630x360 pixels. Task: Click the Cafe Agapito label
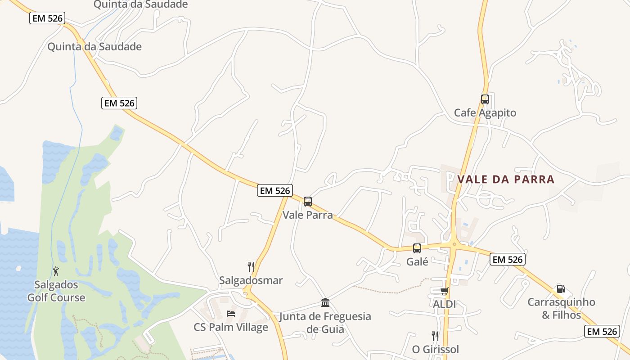click(x=485, y=112)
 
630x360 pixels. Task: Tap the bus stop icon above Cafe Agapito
click(x=485, y=99)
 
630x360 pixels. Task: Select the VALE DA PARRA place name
click(x=506, y=179)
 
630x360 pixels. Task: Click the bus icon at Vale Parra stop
click(x=308, y=202)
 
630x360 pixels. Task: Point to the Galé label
click(x=417, y=261)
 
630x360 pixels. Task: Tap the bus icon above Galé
click(x=417, y=248)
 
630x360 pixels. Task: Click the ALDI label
click(x=444, y=304)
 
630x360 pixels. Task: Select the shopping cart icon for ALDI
click(x=444, y=291)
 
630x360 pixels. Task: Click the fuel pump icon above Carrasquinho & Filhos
click(x=561, y=289)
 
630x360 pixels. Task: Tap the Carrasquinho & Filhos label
click(x=561, y=308)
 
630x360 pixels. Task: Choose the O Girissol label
click(x=435, y=349)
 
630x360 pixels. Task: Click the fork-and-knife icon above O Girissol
click(x=435, y=336)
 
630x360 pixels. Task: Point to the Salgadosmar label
click(x=251, y=280)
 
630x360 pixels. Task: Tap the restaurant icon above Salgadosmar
click(x=251, y=267)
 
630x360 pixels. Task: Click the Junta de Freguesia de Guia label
click(x=325, y=322)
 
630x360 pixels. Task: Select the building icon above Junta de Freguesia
click(x=325, y=302)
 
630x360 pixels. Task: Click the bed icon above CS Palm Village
click(x=231, y=313)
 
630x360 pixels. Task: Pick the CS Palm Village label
click(x=231, y=327)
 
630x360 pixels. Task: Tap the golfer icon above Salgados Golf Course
click(x=56, y=271)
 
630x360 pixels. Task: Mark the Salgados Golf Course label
click(x=56, y=291)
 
